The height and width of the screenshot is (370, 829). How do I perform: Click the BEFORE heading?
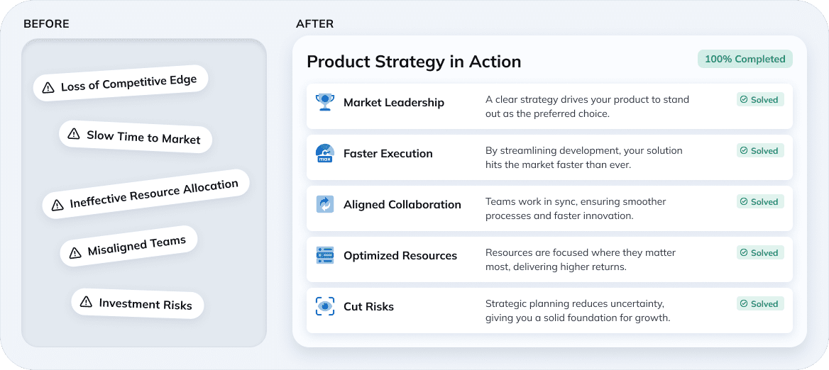[x=46, y=24]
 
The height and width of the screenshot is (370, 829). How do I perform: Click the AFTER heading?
[x=314, y=24]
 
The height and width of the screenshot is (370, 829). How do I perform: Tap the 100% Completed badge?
[x=745, y=59]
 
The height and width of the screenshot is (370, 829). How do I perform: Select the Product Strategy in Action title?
[x=414, y=62]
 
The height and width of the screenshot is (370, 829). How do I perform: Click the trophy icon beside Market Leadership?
[x=324, y=102]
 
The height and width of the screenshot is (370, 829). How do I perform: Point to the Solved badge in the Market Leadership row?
[x=759, y=100]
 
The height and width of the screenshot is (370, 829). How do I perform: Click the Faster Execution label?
[x=388, y=153]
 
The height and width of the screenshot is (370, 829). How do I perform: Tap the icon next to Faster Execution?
[x=324, y=153]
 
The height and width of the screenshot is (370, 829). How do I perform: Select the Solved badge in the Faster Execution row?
[x=759, y=151]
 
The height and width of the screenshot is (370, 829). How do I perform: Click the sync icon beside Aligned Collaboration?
[x=324, y=204]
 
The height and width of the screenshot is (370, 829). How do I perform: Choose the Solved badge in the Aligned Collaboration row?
[x=759, y=202]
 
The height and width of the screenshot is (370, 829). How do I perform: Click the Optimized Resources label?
[x=400, y=255]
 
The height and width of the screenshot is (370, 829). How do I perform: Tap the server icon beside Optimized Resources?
[x=324, y=255]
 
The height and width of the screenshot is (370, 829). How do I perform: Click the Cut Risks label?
[x=368, y=306]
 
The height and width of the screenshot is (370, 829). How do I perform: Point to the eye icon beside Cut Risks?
[x=324, y=306]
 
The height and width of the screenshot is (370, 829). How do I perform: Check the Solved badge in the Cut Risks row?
[x=759, y=304]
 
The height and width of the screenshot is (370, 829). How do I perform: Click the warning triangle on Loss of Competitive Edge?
[x=48, y=88]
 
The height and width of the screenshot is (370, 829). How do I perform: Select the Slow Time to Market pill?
[x=136, y=135]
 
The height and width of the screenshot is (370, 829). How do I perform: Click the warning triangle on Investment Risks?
[x=86, y=302]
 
